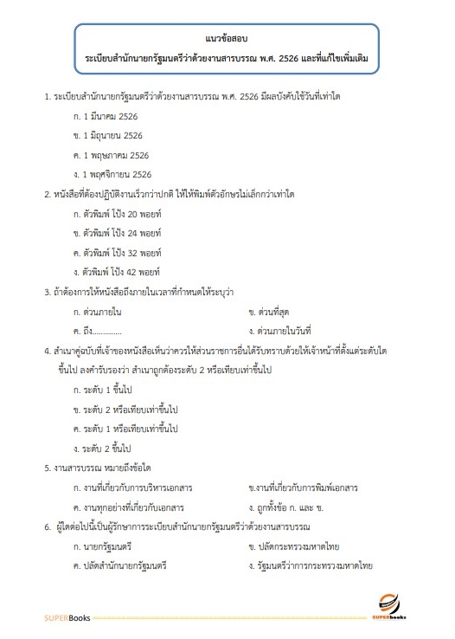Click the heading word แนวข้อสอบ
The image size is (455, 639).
click(227, 40)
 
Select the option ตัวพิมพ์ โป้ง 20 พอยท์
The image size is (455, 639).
click(122, 213)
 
